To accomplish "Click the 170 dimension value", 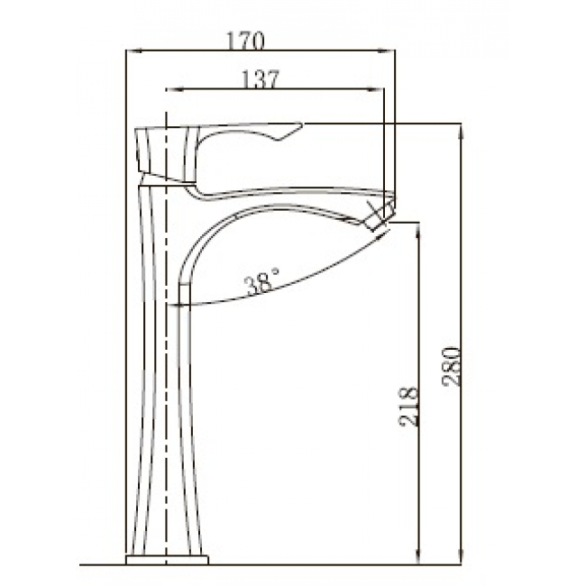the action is [245, 41].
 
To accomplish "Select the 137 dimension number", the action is [261, 79].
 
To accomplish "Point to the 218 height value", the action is [407, 407].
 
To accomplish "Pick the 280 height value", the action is [452, 366].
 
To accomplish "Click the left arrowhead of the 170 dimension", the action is [133, 50].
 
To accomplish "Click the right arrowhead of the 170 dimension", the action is [387, 50].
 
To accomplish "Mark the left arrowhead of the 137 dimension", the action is [174, 89].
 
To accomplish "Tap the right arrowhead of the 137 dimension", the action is [376, 89].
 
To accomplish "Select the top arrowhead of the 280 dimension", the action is [462, 131].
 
